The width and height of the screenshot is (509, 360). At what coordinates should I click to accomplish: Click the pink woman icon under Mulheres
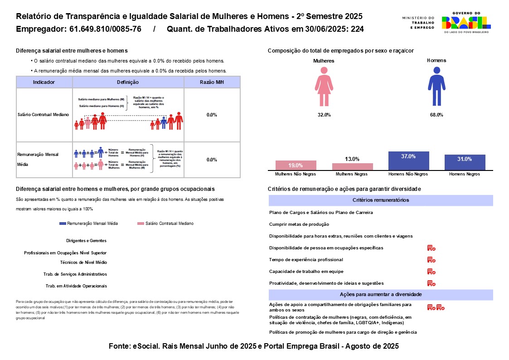[x=324, y=86]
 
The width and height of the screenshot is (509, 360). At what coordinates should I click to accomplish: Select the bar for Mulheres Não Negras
[x=296, y=165]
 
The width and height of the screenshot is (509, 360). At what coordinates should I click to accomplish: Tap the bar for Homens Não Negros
[x=408, y=161]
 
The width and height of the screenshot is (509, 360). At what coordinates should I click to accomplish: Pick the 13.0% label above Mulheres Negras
[x=352, y=159]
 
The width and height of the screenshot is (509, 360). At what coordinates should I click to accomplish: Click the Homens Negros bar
[x=465, y=162]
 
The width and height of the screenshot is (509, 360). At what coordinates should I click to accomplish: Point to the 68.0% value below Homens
[x=436, y=115]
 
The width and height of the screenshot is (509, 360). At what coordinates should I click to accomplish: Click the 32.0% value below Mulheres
[x=324, y=115]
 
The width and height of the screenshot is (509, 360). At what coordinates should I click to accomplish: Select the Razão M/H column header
[x=212, y=82]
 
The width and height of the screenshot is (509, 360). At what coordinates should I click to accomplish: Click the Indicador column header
[x=44, y=82]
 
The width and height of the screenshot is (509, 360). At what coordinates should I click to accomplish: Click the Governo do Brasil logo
[x=466, y=23]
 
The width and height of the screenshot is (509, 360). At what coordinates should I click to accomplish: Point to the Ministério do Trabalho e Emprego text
[x=418, y=23]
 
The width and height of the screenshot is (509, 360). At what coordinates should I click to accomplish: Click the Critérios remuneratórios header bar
[x=381, y=200]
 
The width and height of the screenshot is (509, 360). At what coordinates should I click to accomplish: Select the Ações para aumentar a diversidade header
[x=381, y=295]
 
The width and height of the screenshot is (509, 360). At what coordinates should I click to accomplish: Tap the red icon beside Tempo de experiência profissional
[x=431, y=260]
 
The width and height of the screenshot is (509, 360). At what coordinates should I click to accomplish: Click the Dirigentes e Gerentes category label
[x=86, y=241]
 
